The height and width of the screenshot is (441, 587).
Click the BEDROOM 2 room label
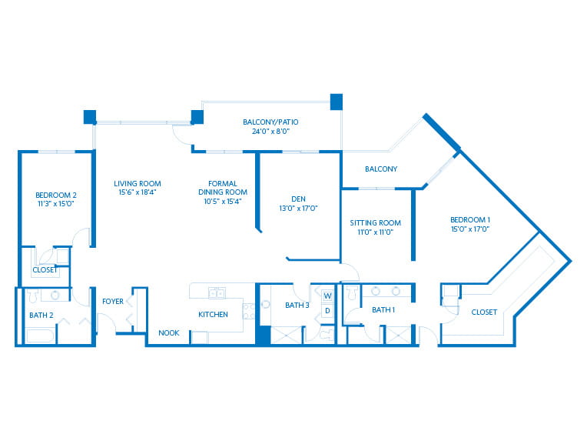[x=56, y=195]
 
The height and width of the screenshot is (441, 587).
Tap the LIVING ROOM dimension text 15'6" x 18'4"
[x=138, y=192]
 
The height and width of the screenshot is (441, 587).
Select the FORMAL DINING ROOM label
[x=223, y=188]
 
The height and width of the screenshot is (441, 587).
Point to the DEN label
[x=298, y=199]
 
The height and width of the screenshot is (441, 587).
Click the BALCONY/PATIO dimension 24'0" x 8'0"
[x=270, y=132]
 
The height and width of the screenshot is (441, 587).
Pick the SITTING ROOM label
[x=376, y=222]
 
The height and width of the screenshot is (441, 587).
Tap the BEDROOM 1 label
[x=470, y=220]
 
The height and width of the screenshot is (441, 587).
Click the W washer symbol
[x=327, y=296]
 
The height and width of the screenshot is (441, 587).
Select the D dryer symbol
[x=327, y=311]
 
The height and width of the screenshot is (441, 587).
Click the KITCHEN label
[x=213, y=314]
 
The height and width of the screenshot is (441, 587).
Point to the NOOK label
[x=169, y=332]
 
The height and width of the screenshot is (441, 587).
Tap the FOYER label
[x=113, y=301]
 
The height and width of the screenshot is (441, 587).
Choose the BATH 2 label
[x=41, y=315]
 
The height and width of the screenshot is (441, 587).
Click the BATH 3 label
[x=297, y=306]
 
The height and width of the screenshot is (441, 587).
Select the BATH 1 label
[x=383, y=309]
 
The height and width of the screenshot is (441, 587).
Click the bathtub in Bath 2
[x=40, y=336]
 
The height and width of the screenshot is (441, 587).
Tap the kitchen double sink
[x=217, y=293]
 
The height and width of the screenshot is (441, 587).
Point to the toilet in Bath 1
[x=352, y=292]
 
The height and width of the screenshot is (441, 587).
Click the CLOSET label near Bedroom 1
[x=484, y=312]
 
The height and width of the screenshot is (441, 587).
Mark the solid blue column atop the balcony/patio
[x=337, y=102]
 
